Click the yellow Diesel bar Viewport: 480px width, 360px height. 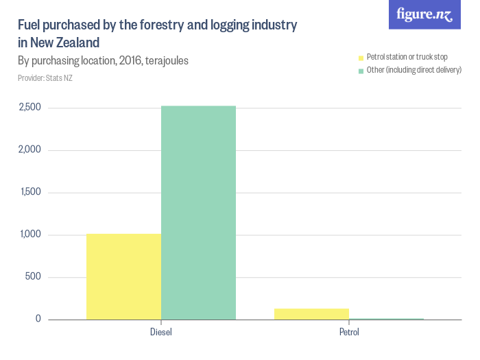[123, 276]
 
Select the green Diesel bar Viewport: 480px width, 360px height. [198, 213]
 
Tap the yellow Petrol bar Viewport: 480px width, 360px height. [311, 313]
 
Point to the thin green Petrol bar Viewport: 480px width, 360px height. [386, 319]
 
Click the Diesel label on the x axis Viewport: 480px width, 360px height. [160, 333]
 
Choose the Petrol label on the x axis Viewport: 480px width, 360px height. [348, 333]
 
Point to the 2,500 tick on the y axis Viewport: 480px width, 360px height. [29, 108]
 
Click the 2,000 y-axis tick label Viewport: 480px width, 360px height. [29, 150]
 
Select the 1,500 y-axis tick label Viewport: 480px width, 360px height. [30, 193]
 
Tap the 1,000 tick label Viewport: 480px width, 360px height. [30, 235]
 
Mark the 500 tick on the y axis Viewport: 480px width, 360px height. [34, 277]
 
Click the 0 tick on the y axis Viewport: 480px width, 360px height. [38, 320]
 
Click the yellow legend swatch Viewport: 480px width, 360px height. [360, 57]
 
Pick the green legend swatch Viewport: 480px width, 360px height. [360, 70]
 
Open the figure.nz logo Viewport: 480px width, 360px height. [424, 15]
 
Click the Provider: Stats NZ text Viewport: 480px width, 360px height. [45, 78]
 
